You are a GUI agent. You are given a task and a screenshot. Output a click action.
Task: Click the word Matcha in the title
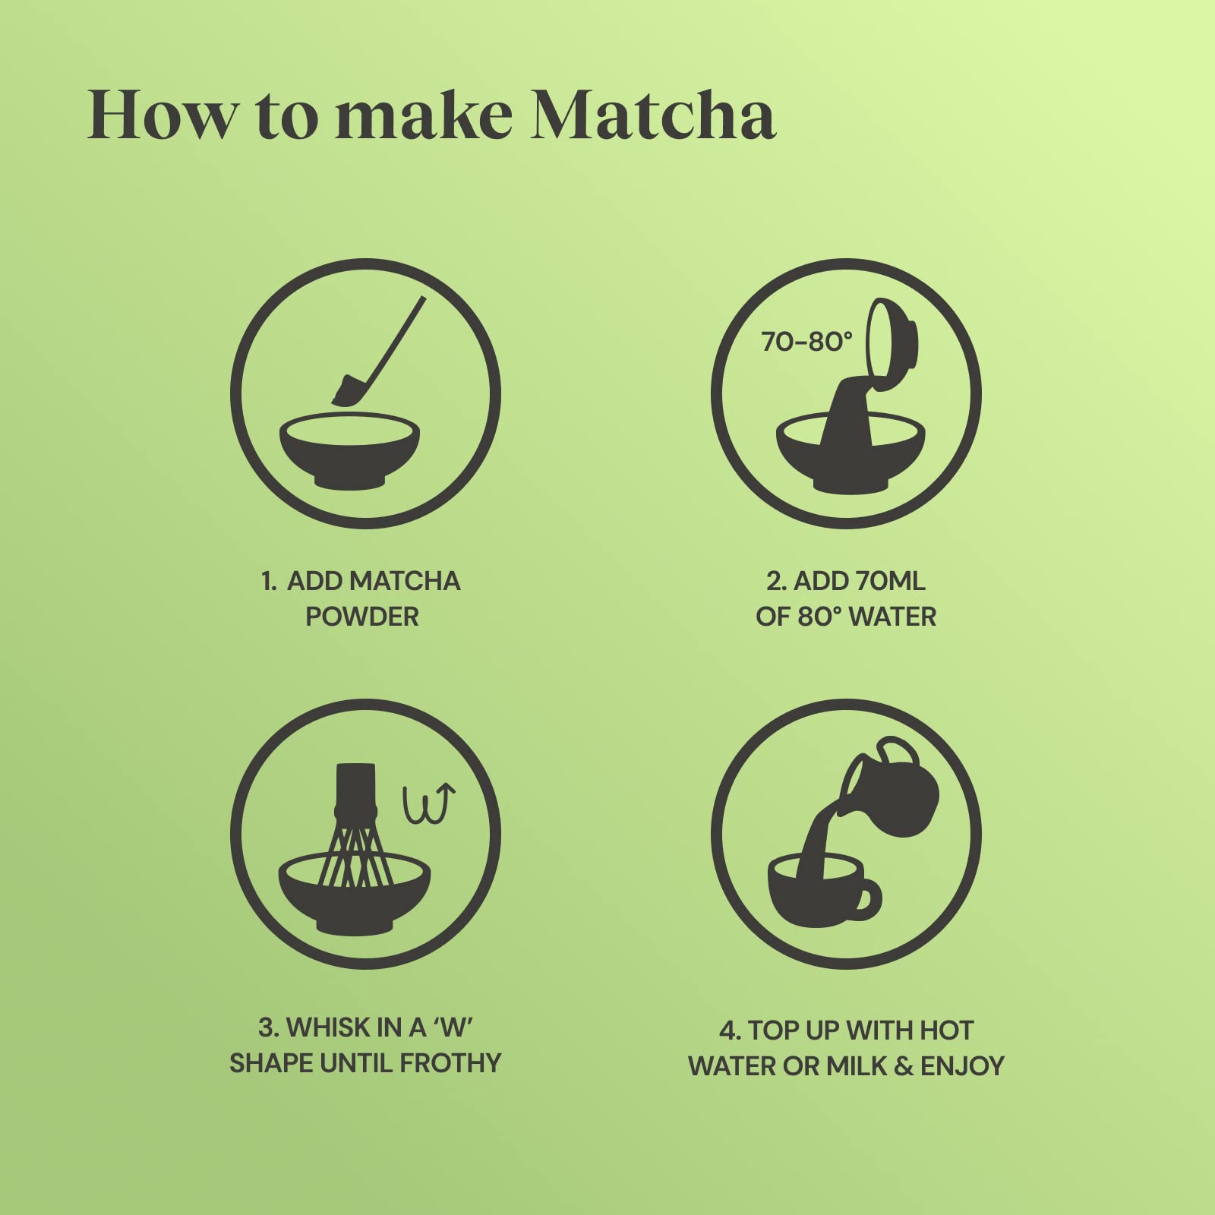point(653,115)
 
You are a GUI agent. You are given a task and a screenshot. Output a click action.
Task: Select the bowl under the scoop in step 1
point(349,452)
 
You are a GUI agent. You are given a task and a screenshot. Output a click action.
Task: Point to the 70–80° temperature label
point(806,342)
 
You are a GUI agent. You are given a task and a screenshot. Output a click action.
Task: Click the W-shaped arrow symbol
point(429,805)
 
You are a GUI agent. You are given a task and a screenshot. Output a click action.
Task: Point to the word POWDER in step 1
point(362,617)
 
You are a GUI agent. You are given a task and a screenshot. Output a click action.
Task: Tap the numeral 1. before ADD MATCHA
point(269,581)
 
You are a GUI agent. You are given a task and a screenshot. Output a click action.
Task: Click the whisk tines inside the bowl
point(355,858)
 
